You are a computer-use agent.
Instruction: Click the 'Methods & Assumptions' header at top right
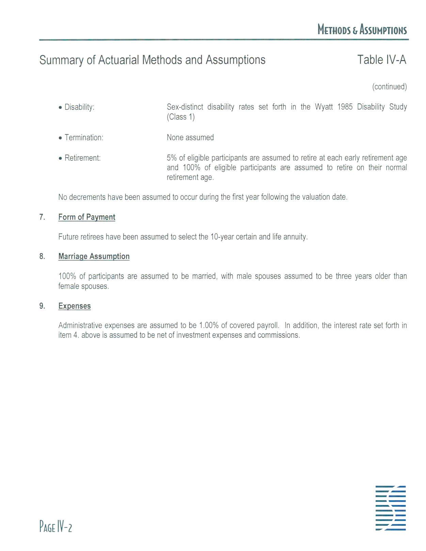[x=362, y=30]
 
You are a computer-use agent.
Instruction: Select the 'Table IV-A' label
[x=381, y=60]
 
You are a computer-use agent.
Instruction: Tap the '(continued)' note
[x=389, y=87]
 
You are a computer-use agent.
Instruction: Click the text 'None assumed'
[x=190, y=137]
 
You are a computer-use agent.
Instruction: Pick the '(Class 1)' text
[x=180, y=117]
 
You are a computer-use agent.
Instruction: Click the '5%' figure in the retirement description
[x=172, y=158]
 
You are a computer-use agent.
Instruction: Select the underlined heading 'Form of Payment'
[x=86, y=217]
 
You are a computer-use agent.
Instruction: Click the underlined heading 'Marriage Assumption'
[x=94, y=257]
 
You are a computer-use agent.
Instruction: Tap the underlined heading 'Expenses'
[x=74, y=306]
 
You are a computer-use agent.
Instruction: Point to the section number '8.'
[x=42, y=257]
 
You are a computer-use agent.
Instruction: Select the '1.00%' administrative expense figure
[x=209, y=325]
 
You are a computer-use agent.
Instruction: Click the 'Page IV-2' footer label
[x=56, y=526]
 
